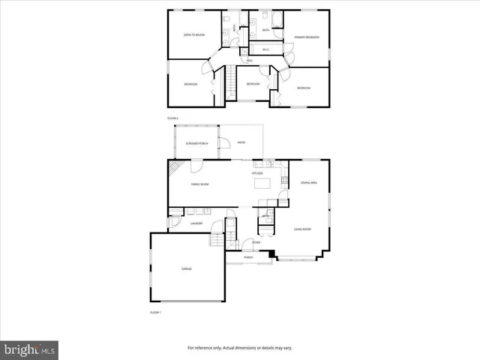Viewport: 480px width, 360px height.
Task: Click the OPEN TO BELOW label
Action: point(194,35)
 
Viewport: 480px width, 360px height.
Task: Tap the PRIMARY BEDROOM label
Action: point(306,37)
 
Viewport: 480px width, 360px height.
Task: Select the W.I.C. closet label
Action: point(265,50)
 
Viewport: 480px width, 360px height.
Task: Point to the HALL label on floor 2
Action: point(249,60)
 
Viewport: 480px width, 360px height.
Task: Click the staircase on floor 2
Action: point(231,79)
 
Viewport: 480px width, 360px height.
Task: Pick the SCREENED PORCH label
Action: point(196,142)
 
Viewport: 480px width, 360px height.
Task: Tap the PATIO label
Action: point(241,142)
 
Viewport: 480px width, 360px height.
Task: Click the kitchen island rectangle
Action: point(262,183)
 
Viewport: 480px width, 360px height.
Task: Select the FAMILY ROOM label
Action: point(199,184)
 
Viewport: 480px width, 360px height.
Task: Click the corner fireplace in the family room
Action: point(174,168)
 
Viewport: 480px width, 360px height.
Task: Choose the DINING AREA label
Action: point(309,183)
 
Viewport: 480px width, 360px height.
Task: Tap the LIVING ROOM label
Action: point(302,229)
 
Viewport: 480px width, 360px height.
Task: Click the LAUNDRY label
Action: point(196,223)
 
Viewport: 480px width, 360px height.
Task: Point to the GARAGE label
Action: point(186,268)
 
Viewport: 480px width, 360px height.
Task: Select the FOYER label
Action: point(256,242)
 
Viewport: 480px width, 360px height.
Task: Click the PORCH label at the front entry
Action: point(247,257)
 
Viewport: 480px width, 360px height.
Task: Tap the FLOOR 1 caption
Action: point(155,311)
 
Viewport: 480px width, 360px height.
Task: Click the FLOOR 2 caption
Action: point(172,118)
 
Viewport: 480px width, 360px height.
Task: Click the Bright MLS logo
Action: point(30,349)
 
